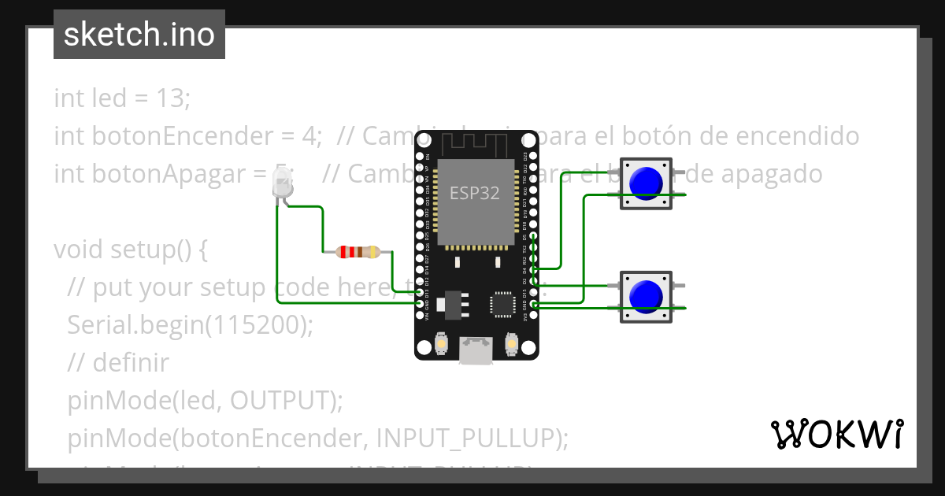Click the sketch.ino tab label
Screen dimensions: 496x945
pyautogui.click(x=139, y=35)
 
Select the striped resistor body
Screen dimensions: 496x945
pyautogui.click(x=358, y=252)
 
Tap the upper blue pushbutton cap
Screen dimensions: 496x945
pyautogui.click(x=647, y=183)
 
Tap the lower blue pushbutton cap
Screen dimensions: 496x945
pyautogui.click(x=647, y=296)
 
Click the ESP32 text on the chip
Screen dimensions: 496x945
pyautogui.click(x=475, y=194)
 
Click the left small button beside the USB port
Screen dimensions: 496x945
pyautogui.click(x=441, y=344)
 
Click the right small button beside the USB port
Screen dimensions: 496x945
pyautogui.click(x=512, y=344)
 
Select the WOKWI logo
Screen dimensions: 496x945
pyautogui.click(x=837, y=433)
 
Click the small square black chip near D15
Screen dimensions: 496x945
pyautogui.click(x=502, y=303)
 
